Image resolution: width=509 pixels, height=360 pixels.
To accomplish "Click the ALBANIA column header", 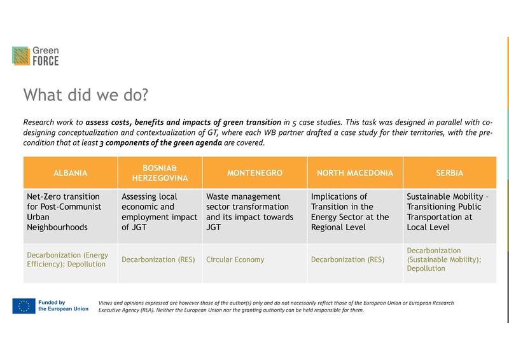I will tap(71, 173).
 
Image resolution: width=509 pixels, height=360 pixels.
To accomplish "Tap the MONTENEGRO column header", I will tap(254, 173).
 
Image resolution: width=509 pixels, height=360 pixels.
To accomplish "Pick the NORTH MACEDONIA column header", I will tap(355, 173).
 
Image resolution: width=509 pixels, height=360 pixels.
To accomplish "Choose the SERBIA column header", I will tap(450, 173).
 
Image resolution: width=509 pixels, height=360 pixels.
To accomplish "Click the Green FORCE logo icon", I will tap(20, 56).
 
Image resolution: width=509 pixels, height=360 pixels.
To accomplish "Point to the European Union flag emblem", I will tap(24, 306).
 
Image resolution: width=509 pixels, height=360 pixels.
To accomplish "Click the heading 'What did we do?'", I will tap(85, 95).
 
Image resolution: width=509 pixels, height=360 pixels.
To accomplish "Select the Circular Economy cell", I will tap(235, 260).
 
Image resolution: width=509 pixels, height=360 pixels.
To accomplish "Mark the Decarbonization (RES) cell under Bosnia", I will tap(160, 260).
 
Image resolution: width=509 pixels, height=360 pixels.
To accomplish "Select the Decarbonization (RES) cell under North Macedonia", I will tap(347, 260).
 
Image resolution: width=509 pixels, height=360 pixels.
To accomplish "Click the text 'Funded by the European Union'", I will tap(63, 306).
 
